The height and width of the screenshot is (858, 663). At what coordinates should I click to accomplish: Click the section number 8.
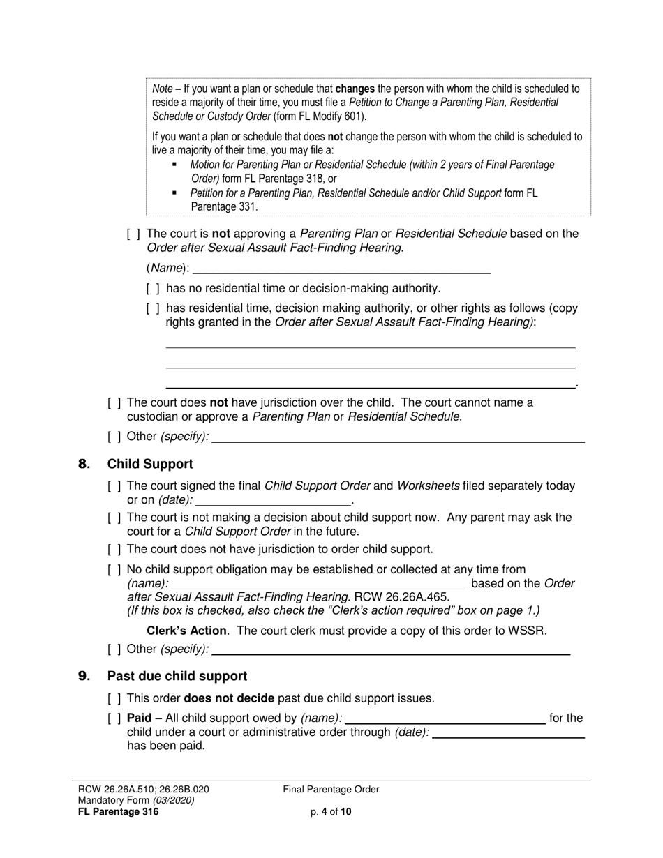tap(84, 464)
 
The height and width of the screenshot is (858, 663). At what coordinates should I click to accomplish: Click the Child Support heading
tap(150, 464)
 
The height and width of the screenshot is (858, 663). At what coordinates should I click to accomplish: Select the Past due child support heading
tap(177, 676)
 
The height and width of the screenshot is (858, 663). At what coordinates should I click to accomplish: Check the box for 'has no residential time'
tap(153, 288)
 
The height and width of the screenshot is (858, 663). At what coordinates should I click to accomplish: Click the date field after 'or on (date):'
tap(274, 500)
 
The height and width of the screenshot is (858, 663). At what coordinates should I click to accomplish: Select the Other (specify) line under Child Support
tap(390, 649)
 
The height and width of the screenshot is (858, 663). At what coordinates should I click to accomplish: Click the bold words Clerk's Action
tap(186, 631)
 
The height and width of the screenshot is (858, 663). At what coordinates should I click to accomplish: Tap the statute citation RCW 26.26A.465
tap(402, 597)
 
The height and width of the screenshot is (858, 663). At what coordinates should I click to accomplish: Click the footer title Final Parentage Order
tap(331, 790)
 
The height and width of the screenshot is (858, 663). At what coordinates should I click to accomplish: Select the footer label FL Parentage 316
tap(118, 811)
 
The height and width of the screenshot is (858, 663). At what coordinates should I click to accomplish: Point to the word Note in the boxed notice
tap(163, 89)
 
